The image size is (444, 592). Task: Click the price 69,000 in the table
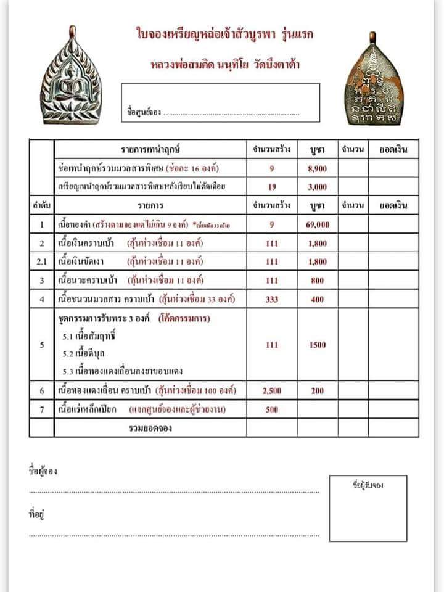317,224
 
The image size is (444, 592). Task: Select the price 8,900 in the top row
317,168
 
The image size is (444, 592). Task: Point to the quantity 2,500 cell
271,390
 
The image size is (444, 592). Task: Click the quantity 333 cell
271,300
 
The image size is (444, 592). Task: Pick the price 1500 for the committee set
317,345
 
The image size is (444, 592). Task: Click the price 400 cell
317,300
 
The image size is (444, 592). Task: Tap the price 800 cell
317,281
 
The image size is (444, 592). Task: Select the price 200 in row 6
317,390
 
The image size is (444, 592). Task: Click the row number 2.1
41,262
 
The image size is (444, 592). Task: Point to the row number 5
41,345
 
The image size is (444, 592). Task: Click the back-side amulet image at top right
372,78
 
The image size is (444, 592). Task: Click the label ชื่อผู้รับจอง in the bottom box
368,485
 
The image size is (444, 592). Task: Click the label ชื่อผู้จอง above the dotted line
43,471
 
